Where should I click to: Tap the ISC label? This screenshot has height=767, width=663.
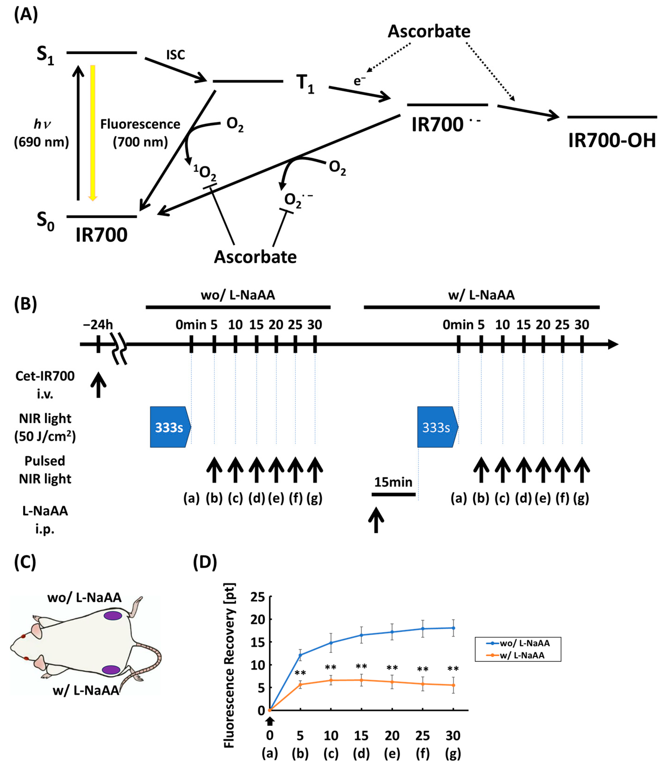(x=175, y=55)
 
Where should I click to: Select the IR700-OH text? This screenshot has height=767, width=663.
(x=612, y=141)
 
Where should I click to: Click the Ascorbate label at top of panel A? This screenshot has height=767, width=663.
(x=429, y=31)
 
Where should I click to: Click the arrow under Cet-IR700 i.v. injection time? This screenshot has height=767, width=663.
(x=99, y=385)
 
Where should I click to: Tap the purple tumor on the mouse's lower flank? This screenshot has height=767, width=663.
(x=111, y=670)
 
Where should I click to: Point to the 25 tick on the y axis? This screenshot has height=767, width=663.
(x=258, y=597)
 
